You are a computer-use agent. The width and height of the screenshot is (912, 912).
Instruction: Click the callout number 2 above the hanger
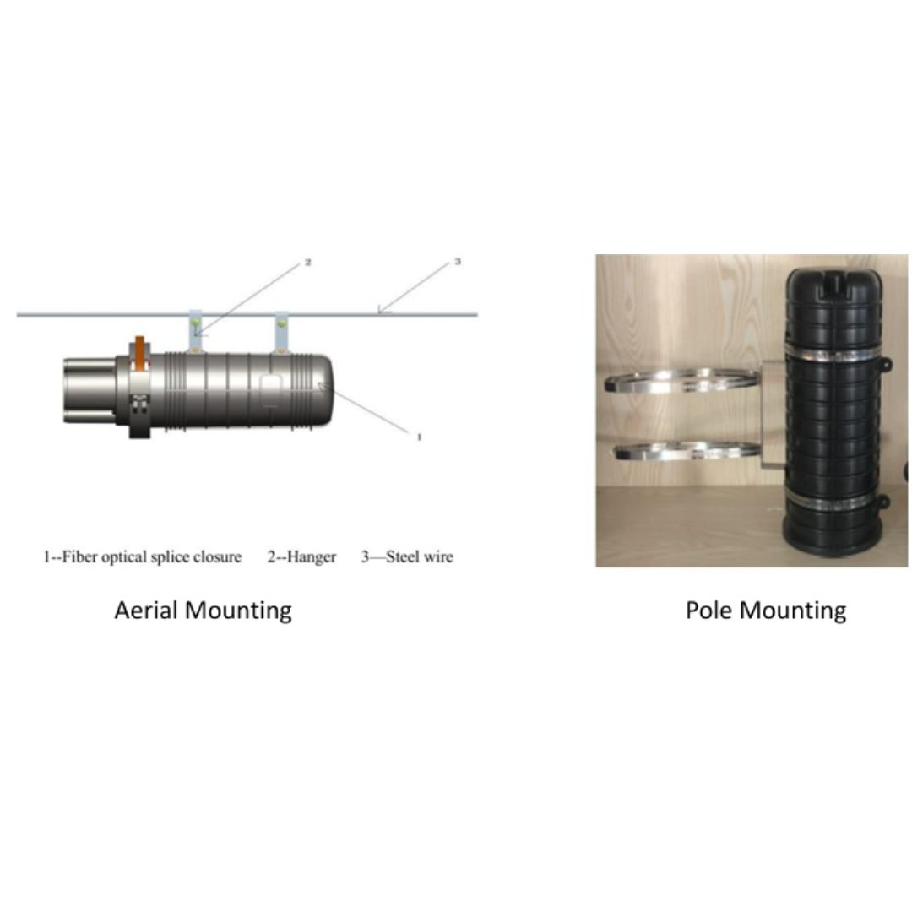coord(308,263)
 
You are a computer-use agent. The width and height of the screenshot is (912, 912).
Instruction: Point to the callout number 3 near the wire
coord(458,262)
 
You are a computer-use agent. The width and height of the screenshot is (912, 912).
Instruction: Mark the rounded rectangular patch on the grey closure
coord(271,393)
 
